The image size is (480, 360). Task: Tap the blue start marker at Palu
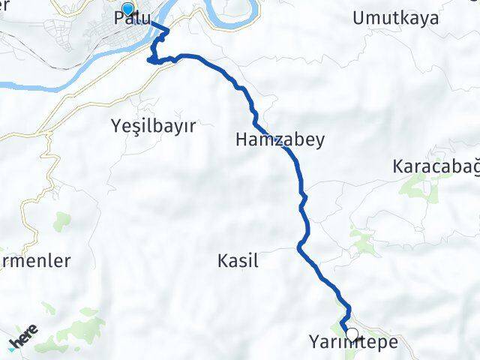[x=127, y=10]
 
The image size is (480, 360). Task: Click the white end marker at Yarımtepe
[x=351, y=334]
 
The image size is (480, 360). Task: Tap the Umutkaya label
[x=397, y=19]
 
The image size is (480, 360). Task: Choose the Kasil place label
[x=238, y=261]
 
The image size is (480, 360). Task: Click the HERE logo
[x=24, y=339]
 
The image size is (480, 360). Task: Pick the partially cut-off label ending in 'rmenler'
[x=35, y=261]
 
